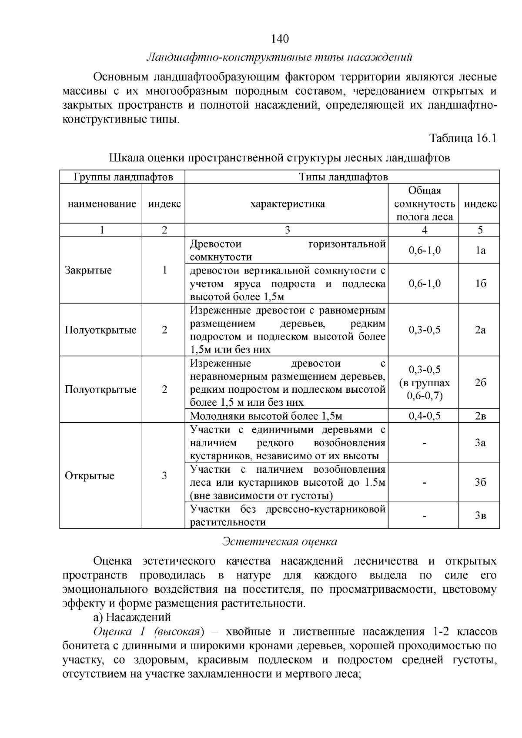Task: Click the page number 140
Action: coord(280,39)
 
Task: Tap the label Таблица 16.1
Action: coord(463,138)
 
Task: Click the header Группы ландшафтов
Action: coord(123,177)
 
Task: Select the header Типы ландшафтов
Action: coord(343,177)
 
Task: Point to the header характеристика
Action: coord(287,204)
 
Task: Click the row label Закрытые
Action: coord(88,270)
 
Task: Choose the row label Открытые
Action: coord(90,475)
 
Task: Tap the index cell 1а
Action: coord(480,250)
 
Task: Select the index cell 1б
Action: coord(480,284)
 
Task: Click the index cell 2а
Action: coord(480,330)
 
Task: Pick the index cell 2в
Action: coord(480,416)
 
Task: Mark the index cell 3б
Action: coord(480,482)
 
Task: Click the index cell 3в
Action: coord(480,515)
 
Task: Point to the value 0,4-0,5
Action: coord(425,416)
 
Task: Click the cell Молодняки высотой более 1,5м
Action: coord(266,416)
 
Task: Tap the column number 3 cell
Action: coord(287,230)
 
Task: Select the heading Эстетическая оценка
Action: coord(280,541)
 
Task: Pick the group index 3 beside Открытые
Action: coord(164,475)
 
